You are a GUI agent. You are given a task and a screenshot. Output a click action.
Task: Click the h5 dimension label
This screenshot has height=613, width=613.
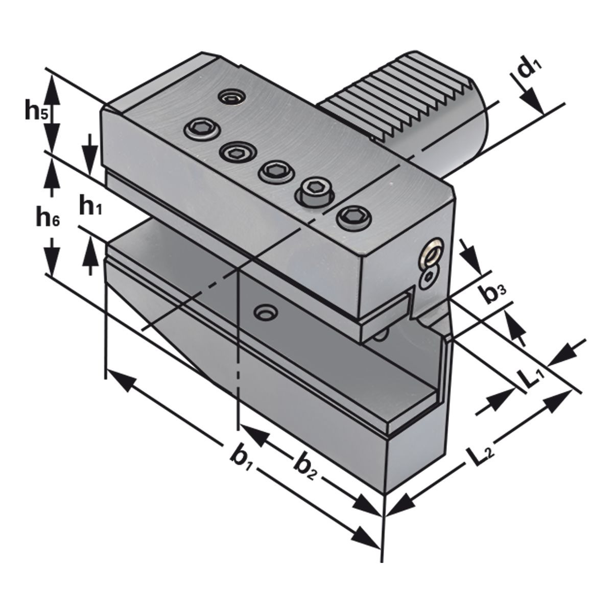(37, 109)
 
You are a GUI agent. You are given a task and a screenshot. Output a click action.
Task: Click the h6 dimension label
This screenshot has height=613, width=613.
(48, 216)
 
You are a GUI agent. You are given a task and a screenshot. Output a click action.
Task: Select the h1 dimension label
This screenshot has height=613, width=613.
(90, 205)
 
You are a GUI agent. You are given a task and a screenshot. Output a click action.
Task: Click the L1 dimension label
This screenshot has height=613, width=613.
(534, 378)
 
